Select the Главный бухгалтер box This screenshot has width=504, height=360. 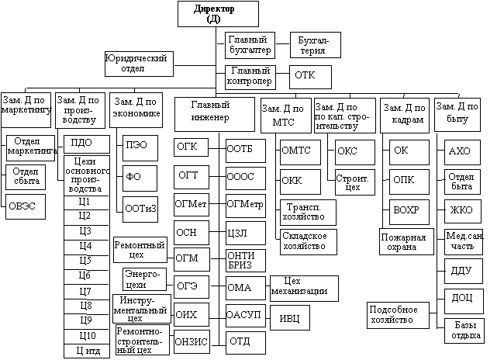tap(249, 44)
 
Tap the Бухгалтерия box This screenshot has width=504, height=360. tap(313, 44)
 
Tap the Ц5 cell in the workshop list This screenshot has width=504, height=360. tap(85, 260)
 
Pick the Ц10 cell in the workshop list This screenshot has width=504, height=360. tap(85, 336)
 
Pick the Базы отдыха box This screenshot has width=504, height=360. tap(464, 331)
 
